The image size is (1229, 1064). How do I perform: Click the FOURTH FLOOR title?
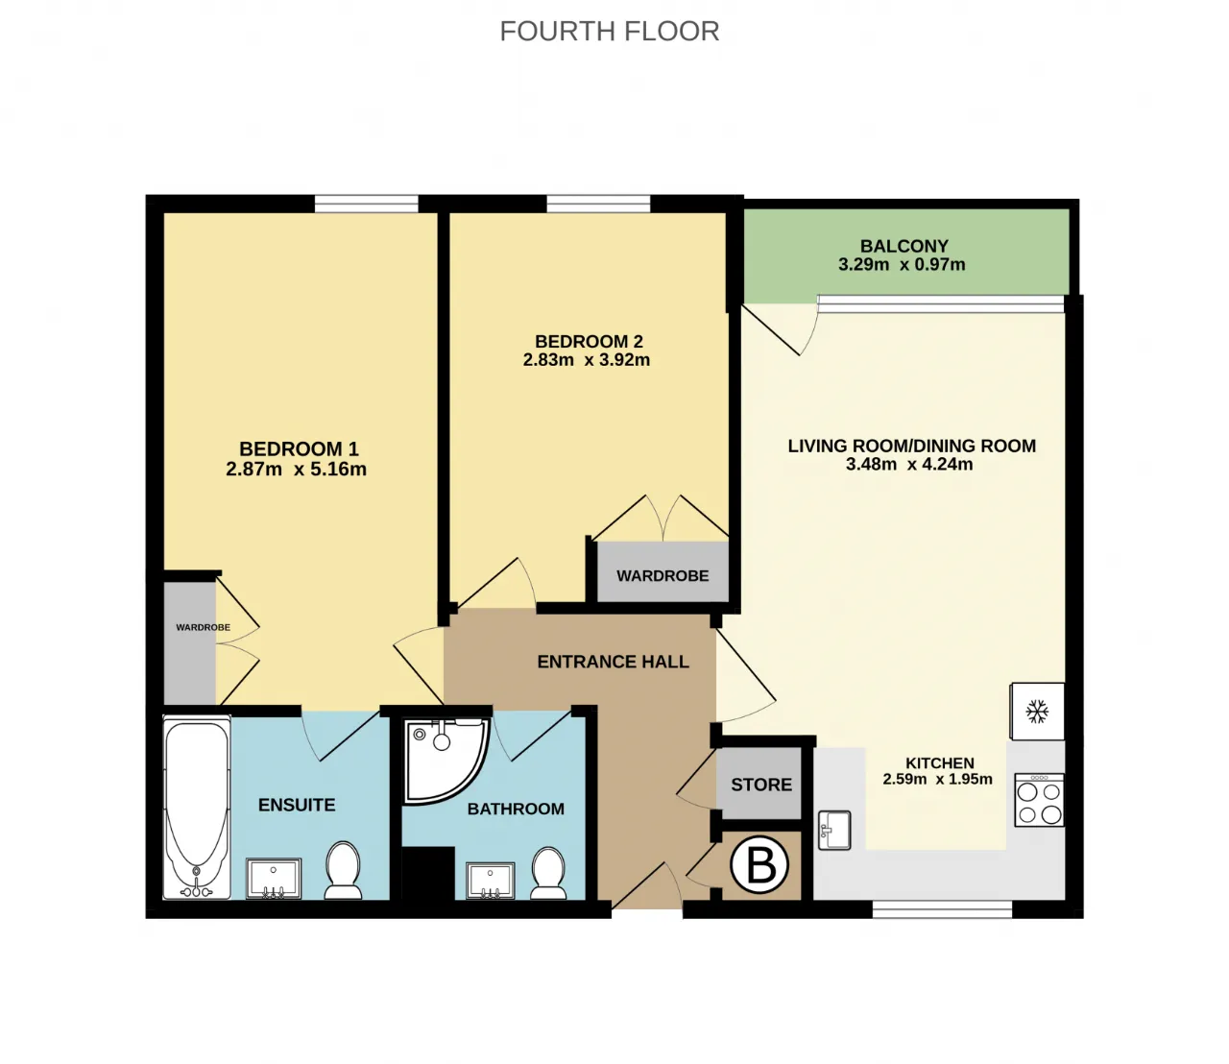610,32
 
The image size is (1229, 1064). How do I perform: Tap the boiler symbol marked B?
759,865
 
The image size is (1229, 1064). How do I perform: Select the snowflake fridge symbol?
1037,712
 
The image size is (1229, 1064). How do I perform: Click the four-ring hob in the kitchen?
1039,800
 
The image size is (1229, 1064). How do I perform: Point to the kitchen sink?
834,830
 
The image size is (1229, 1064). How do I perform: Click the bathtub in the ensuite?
197,808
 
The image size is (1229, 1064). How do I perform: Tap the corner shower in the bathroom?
446,762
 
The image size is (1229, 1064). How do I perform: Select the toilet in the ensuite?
343,870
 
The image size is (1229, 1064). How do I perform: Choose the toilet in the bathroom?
548,873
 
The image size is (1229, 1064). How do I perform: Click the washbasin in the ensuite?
274,879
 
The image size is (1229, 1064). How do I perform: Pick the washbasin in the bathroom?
491,881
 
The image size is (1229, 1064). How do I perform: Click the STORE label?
761,785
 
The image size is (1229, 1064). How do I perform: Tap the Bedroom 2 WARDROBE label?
663,576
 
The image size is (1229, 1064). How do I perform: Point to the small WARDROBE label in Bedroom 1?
203,627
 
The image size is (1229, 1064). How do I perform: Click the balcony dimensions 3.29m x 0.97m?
902,265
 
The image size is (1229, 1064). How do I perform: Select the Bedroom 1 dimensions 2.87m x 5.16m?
296,470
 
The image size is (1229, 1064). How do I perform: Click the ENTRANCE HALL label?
613,662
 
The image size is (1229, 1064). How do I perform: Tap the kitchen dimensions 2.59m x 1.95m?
938,779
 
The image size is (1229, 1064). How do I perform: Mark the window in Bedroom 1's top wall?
366,204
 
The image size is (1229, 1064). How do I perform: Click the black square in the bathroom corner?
428,873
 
